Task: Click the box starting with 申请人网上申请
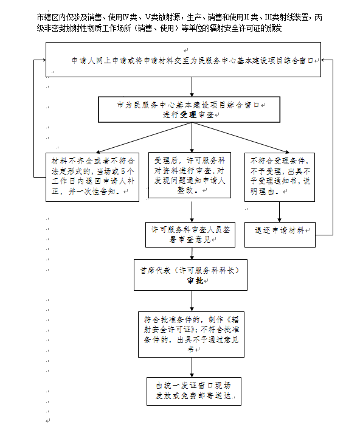pyautogui.click(x=183, y=60)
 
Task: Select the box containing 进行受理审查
pyautogui.click(x=189, y=109)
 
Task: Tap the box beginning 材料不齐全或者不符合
pyautogui.click(x=92, y=177)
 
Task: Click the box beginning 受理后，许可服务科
pyautogui.click(x=190, y=175)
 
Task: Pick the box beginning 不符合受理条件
pyautogui.click(x=280, y=177)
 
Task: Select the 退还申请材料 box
pyautogui.click(x=280, y=235)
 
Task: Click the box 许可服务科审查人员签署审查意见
pyautogui.click(x=190, y=235)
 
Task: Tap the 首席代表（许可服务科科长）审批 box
pyautogui.click(x=190, y=275)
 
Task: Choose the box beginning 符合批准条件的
pyautogui.click(x=191, y=335)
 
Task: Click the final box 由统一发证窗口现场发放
pyautogui.click(x=194, y=391)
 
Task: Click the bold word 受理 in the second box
pyautogui.click(x=188, y=114)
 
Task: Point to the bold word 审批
pyautogui.click(x=195, y=280)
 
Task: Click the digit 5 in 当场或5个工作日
pyautogui.click(x=123, y=172)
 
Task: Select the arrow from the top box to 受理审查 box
pyautogui.click(x=192, y=86)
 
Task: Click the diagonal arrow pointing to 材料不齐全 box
pyautogui.click(x=144, y=137)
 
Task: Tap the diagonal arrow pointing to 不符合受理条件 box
pyautogui.click(x=240, y=137)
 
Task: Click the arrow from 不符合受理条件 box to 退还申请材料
pyautogui.click(x=279, y=212)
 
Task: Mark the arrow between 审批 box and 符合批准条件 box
pyautogui.click(x=192, y=301)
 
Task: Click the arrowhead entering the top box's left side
pyautogui.click(x=44, y=60)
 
